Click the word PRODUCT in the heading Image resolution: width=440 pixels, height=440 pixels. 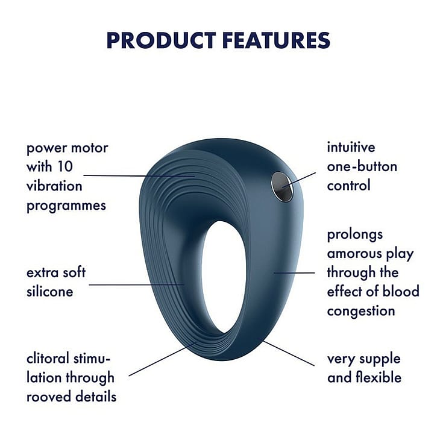click(161, 40)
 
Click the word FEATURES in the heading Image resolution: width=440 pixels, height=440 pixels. click(276, 40)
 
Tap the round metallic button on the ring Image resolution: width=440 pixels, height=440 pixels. click(282, 186)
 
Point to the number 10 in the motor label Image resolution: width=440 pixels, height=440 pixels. click(65, 166)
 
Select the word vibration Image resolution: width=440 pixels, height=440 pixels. click(54, 186)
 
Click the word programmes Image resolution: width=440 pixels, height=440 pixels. click(66, 206)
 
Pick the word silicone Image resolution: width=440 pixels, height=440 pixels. click(50, 291)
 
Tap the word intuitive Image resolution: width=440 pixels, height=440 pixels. click(351, 147)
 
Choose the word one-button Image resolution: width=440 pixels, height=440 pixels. click(362, 166)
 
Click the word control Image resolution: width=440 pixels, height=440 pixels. click(349, 186)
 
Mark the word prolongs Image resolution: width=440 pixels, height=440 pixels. click(354, 235)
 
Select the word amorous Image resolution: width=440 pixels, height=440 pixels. click(354, 254)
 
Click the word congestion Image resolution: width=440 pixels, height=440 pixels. click(361, 312)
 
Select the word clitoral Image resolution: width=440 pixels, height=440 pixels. click(48, 359)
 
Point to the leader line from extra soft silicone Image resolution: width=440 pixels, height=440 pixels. click(137, 285)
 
